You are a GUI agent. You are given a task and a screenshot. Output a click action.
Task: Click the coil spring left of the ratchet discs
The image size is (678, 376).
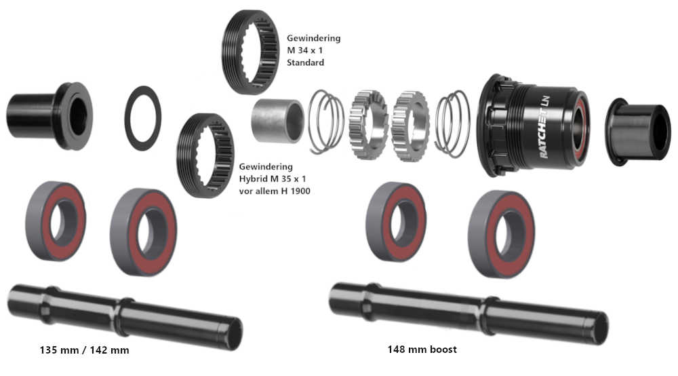click(x=326, y=121)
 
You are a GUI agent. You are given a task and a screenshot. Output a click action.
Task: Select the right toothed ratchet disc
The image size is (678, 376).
click(x=410, y=124)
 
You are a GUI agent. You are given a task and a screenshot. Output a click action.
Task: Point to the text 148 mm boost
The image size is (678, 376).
click(x=422, y=350)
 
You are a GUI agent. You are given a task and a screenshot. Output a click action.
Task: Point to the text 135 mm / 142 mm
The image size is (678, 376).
click(x=84, y=350)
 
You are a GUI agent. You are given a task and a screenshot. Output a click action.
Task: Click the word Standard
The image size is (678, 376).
click(x=306, y=62)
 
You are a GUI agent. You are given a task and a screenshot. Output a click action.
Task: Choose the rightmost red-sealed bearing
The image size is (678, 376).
click(x=501, y=233)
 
